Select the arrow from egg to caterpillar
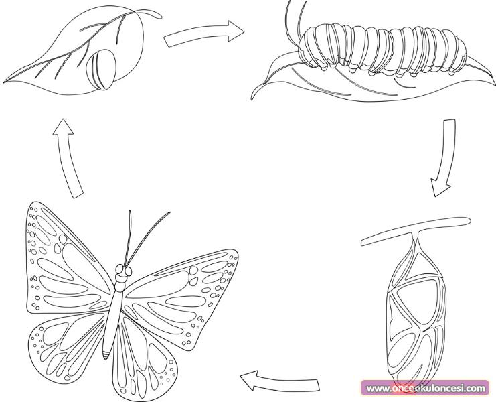click(x=204, y=33)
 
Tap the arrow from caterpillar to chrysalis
click(x=445, y=157)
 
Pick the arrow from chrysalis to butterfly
click(x=280, y=381)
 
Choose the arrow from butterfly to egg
click(x=68, y=158)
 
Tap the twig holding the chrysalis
click(x=415, y=230)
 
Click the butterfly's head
click(x=123, y=271)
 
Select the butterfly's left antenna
click(x=129, y=237)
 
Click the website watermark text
click(x=426, y=388)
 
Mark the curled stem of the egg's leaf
click(x=149, y=13)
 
